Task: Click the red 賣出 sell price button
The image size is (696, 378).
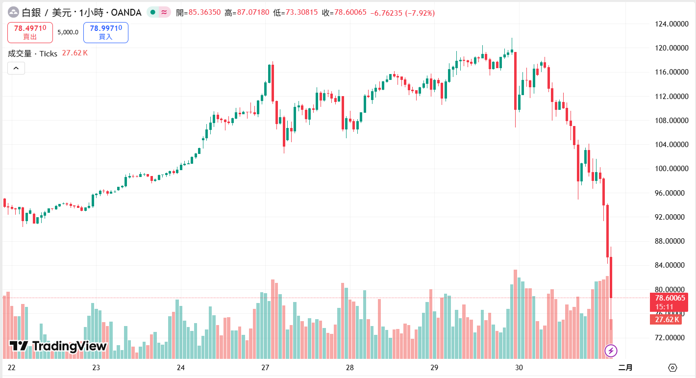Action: tap(30, 32)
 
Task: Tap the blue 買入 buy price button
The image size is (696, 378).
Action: tap(106, 32)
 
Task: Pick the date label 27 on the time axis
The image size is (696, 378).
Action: tap(265, 368)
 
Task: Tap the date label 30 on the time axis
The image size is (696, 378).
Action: tap(519, 368)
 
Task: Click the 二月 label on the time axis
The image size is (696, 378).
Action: tap(625, 368)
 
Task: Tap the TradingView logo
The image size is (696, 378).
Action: tap(58, 346)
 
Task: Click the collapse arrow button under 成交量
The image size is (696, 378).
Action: tap(16, 68)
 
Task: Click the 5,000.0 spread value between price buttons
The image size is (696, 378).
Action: tap(68, 32)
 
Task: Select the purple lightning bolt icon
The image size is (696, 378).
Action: tap(611, 351)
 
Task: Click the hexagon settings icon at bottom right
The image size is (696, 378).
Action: tap(672, 368)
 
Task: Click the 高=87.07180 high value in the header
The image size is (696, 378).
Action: tap(247, 12)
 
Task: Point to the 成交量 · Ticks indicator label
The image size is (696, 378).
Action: tap(33, 53)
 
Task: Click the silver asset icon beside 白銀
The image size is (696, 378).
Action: tap(13, 12)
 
